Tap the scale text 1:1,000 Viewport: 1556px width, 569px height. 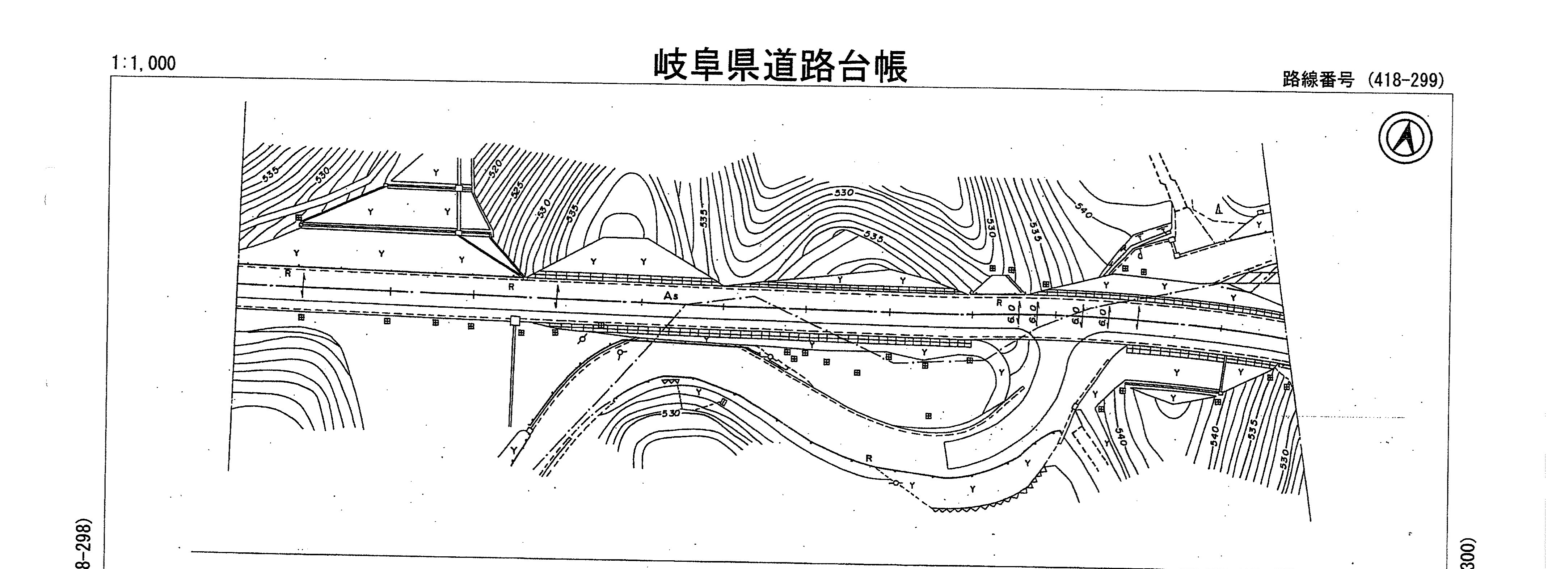click(x=144, y=63)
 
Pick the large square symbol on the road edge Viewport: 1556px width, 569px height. click(x=515, y=320)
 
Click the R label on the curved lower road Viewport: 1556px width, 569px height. click(x=869, y=459)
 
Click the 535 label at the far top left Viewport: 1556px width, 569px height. click(x=271, y=173)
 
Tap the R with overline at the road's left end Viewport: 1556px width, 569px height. click(x=288, y=273)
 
